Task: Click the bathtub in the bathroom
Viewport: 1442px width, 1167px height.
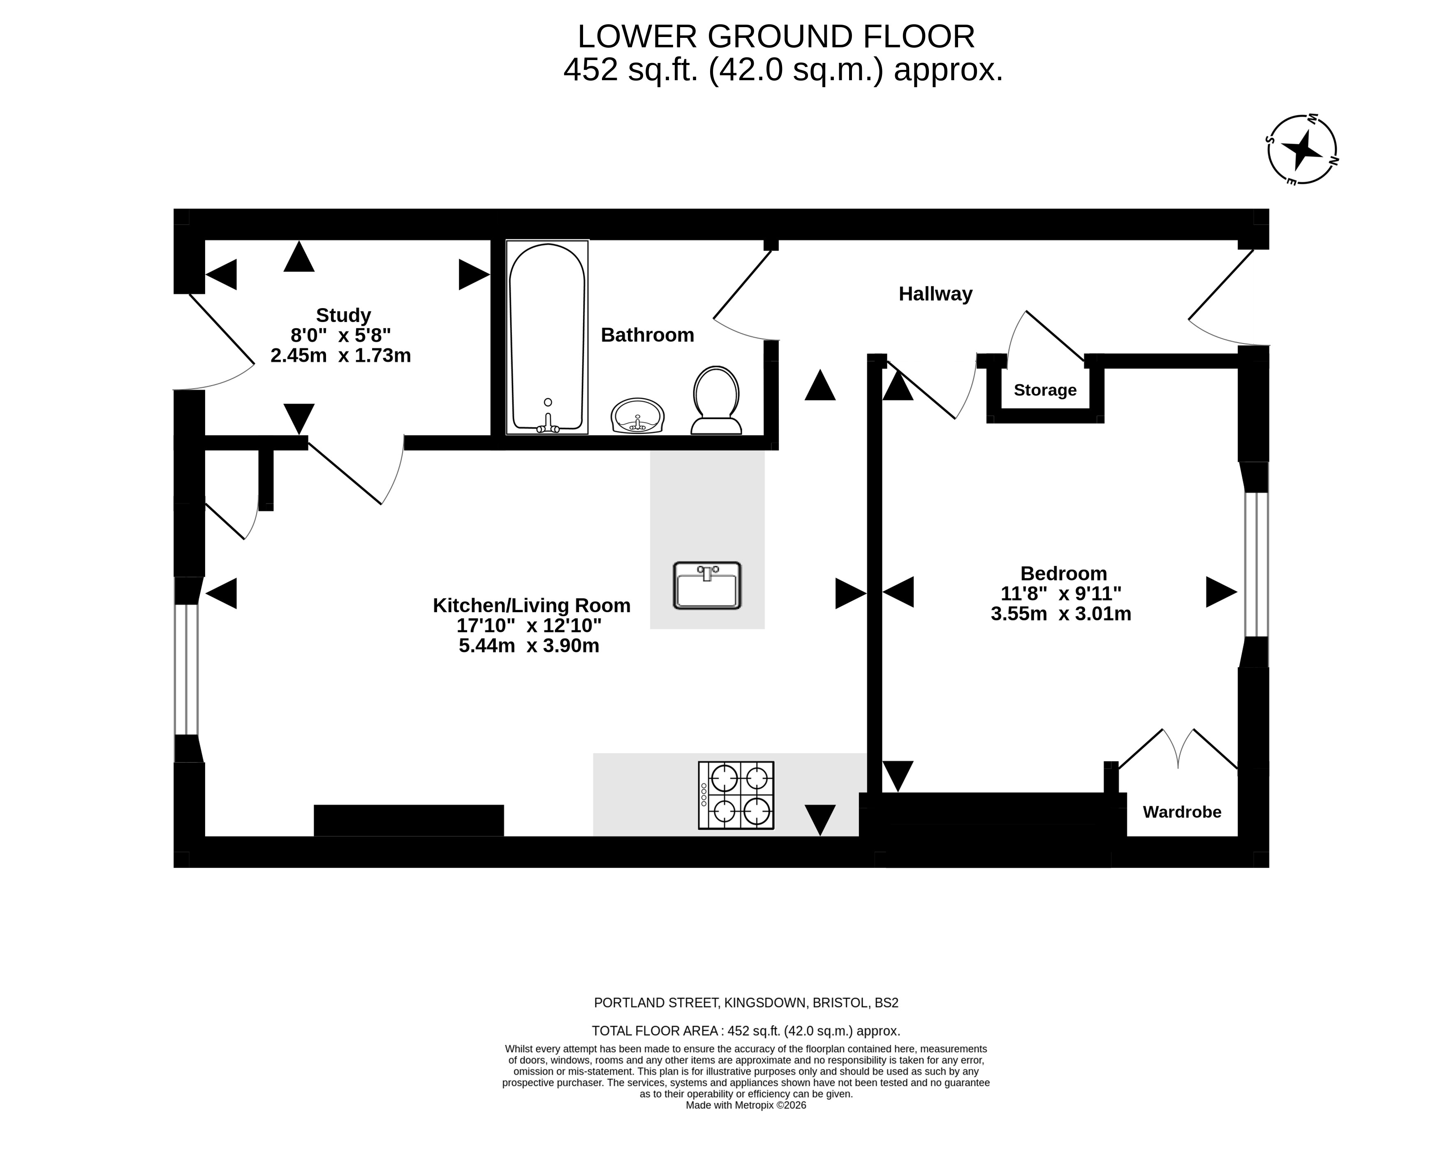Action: pyautogui.click(x=547, y=337)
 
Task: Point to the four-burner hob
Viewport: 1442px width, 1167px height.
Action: pyautogui.click(x=736, y=795)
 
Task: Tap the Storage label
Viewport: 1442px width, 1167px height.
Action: pyautogui.click(x=1045, y=390)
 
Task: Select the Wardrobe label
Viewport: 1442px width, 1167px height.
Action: pyautogui.click(x=1182, y=812)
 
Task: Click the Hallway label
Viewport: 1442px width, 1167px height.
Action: pyautogui.click(x=935, y=294)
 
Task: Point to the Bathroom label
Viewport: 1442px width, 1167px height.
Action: pyautogui.click(x=647, y=335)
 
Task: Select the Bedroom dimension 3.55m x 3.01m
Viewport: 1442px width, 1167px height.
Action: pyautogui.click(x=1061, y=614)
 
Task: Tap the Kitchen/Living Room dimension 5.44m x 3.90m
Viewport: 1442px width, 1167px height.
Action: pyautogui.click(x=529, y=646)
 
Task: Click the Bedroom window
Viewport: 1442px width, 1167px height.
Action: pyautogui.click(x=1256, y=565)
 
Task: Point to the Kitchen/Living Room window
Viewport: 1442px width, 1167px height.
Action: pyautogui.click(x=187, y=670)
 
